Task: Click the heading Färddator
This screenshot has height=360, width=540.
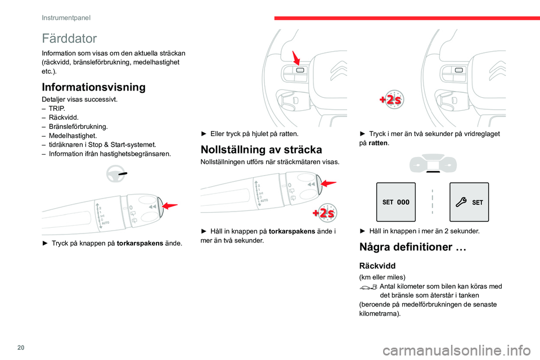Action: (x=69, y=39)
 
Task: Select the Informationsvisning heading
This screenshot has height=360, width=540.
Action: (x=93, y=87)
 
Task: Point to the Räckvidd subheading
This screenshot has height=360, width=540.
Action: (x=377, y=265)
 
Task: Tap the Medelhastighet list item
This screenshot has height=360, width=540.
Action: (x=73, y=135)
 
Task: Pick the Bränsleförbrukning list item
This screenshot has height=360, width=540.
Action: (x=78, y=126)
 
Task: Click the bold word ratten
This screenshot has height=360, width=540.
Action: (x=378, y=143)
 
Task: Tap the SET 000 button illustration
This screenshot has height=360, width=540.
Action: (x=396, y=202)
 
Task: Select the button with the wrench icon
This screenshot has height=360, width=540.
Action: (x=469, y=202)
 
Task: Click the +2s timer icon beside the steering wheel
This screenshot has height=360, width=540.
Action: (x=391, y=100)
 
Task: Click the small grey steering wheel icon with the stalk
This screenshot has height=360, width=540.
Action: (x=119, y=176)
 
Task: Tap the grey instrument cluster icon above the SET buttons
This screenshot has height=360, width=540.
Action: (x=433, y=164)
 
